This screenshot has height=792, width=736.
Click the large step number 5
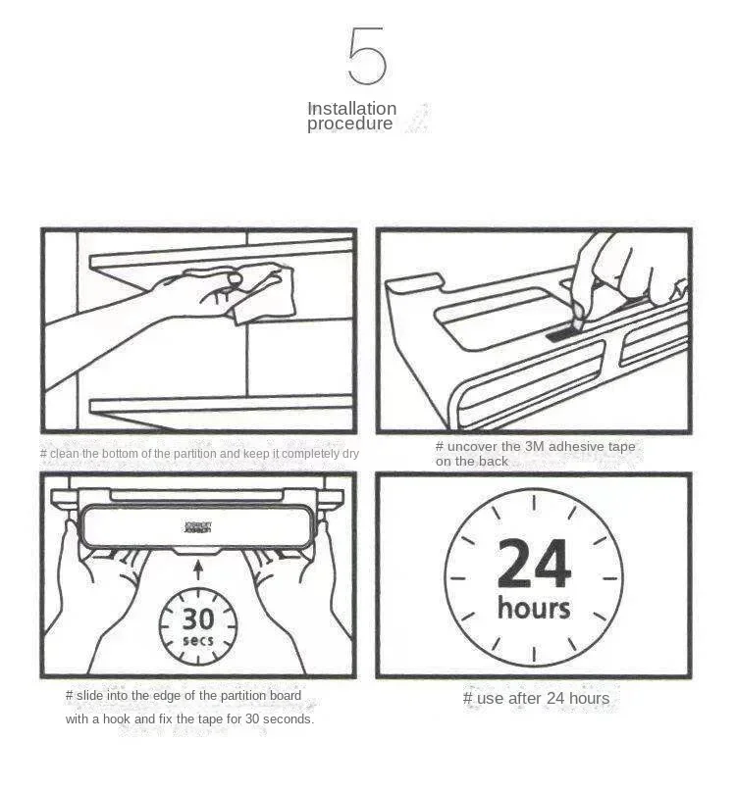[367, 56]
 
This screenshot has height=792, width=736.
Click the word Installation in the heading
[352, 108]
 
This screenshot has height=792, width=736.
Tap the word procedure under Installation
[349, 124]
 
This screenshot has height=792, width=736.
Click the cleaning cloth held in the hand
[260, 293]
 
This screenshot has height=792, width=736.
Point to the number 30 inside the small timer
[198, 619]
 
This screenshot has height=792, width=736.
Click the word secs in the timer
[198, 641]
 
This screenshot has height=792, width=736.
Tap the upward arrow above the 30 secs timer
[199, 569]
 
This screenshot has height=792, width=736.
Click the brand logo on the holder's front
[198, 527]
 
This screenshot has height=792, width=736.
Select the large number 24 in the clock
[534, 564]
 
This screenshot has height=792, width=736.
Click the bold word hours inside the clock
[534, 608]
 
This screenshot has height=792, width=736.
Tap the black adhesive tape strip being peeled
[560, 334]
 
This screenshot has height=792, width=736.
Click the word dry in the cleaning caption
[350, 454]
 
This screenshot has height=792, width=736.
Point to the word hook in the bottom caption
[116, 718]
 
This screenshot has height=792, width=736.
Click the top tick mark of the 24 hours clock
[534, 503]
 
